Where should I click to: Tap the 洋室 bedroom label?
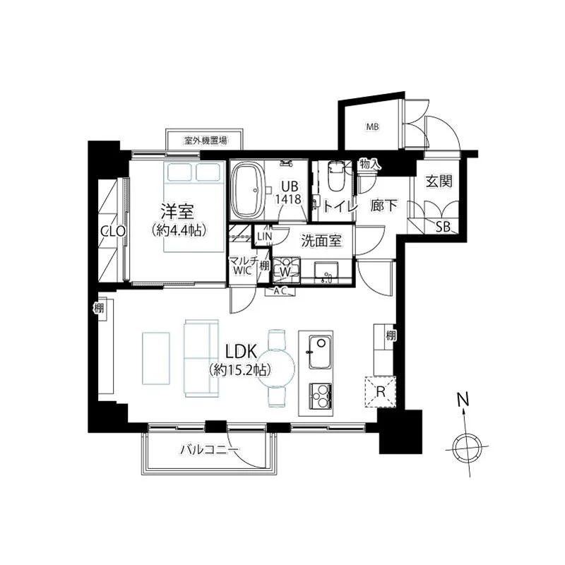point(177,212)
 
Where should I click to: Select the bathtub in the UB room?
point(249,191)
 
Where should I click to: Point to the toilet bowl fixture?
point(337,177)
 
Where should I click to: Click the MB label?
point(373,127)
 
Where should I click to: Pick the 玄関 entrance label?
point(439,182)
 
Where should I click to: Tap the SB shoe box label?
point(443,227)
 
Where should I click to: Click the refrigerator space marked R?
point(381,391)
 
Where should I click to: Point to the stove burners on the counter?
point(321,394)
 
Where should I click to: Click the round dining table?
point(277,368)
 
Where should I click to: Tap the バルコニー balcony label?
point(209,449)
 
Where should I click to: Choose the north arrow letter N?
point(463,399)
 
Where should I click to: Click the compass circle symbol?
point(467,447)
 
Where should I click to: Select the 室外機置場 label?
point(206,140)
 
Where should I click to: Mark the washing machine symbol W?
point(285,272)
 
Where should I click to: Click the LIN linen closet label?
point(264,237)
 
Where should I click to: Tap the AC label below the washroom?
point(280,292)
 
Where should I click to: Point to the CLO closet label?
point(113,231)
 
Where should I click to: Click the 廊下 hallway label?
point(383,206)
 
